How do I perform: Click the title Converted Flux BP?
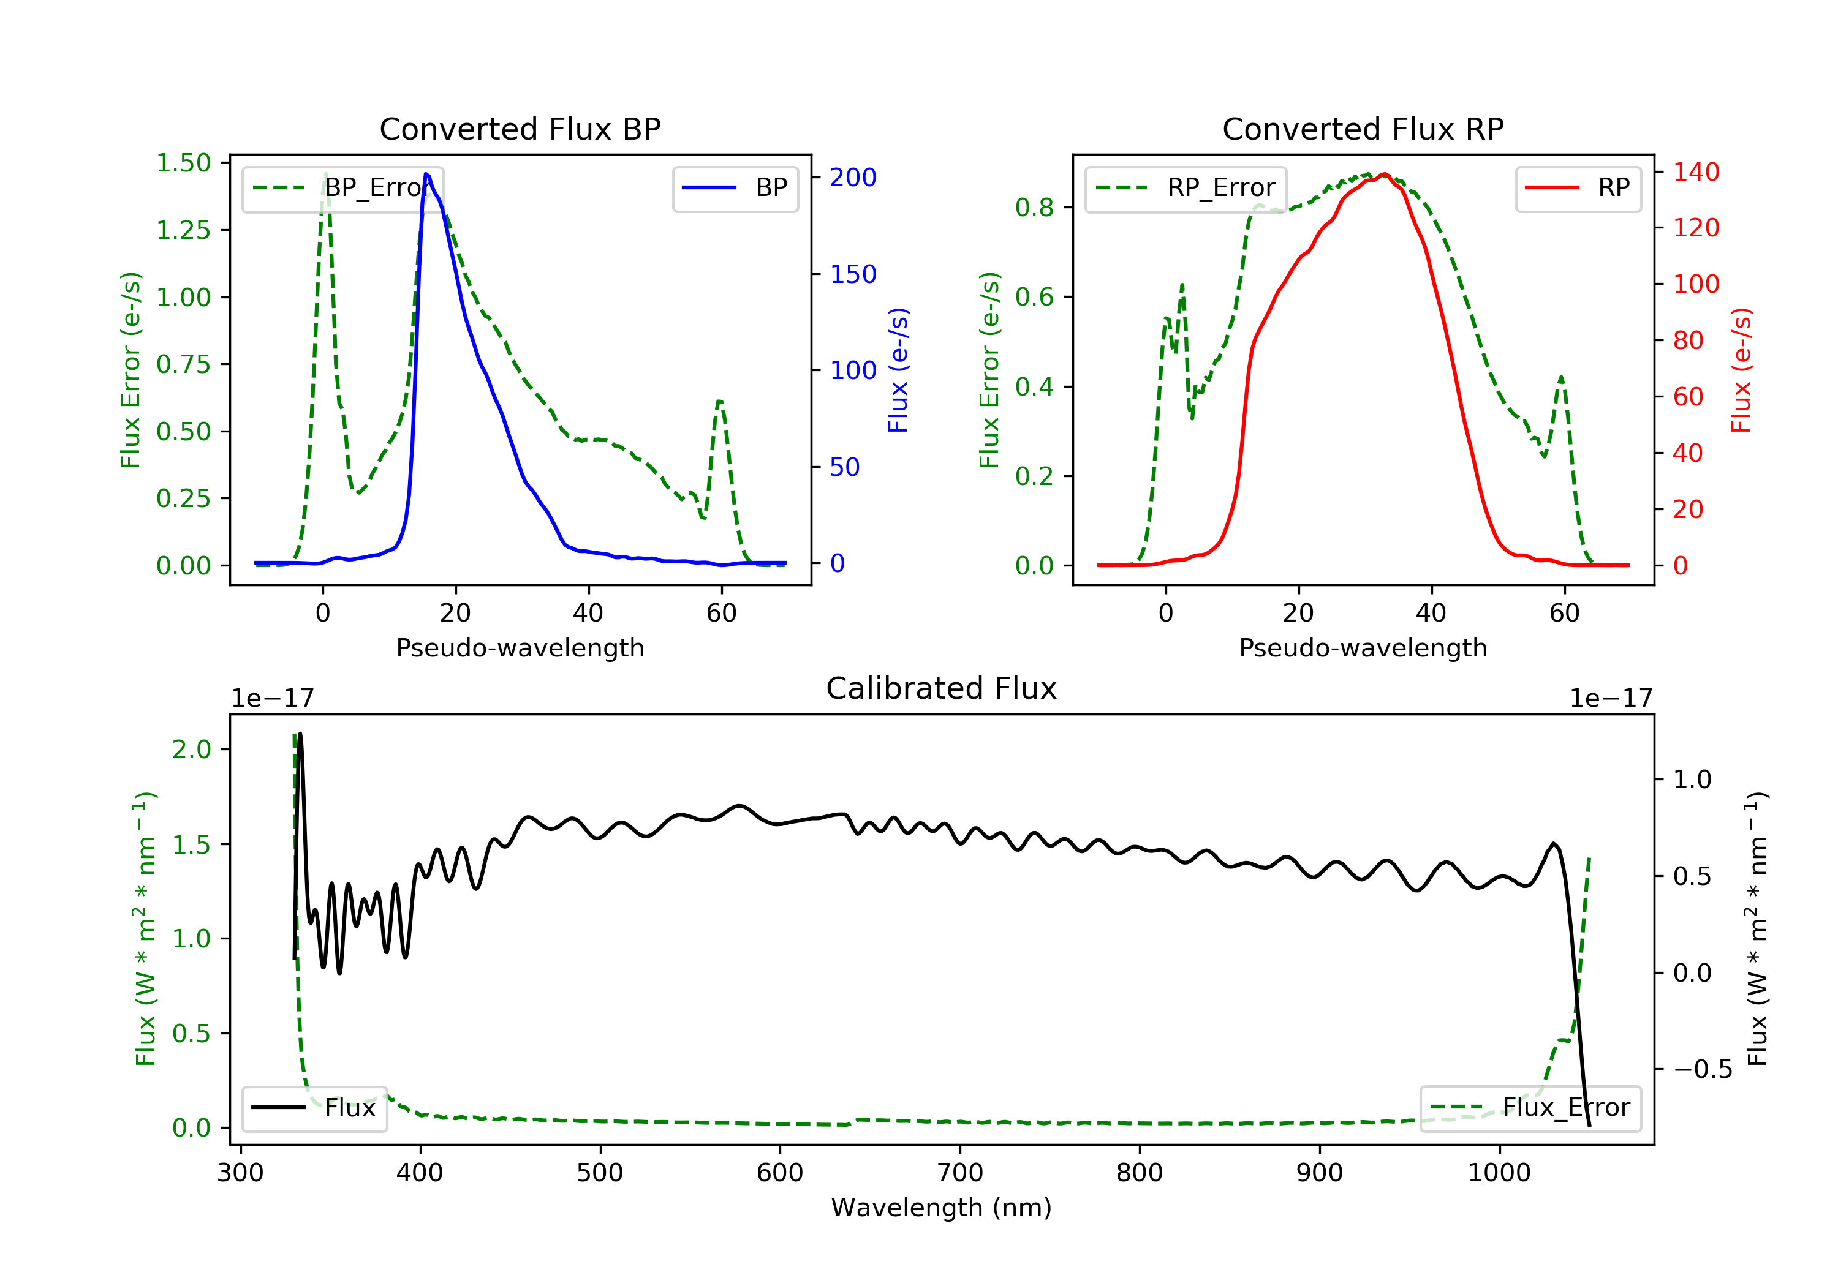point(520,129)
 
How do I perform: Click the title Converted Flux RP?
point(1363,129)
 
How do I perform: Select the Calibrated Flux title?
point(942,688)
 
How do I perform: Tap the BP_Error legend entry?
point(342,188)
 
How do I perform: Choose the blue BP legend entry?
point(735,188)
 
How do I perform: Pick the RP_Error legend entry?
point(1186,188)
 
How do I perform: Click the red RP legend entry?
point(1578,188)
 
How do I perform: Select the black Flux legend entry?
point(314,1108)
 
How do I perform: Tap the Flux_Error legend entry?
point(1530,1108)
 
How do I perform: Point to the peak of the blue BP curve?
point(426,174)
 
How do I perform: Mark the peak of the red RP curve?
point(1384,174)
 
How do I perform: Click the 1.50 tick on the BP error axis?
point(183,164)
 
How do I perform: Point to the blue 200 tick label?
point(853,178)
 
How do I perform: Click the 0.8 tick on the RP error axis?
point(1034,208)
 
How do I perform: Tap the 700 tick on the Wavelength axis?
point(960,1173)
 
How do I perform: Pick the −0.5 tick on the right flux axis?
point(1703,1070)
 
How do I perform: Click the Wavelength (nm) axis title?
point(942,1208)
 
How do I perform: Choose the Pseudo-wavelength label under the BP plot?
point(520,648)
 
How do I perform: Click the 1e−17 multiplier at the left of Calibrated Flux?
point(272,699)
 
